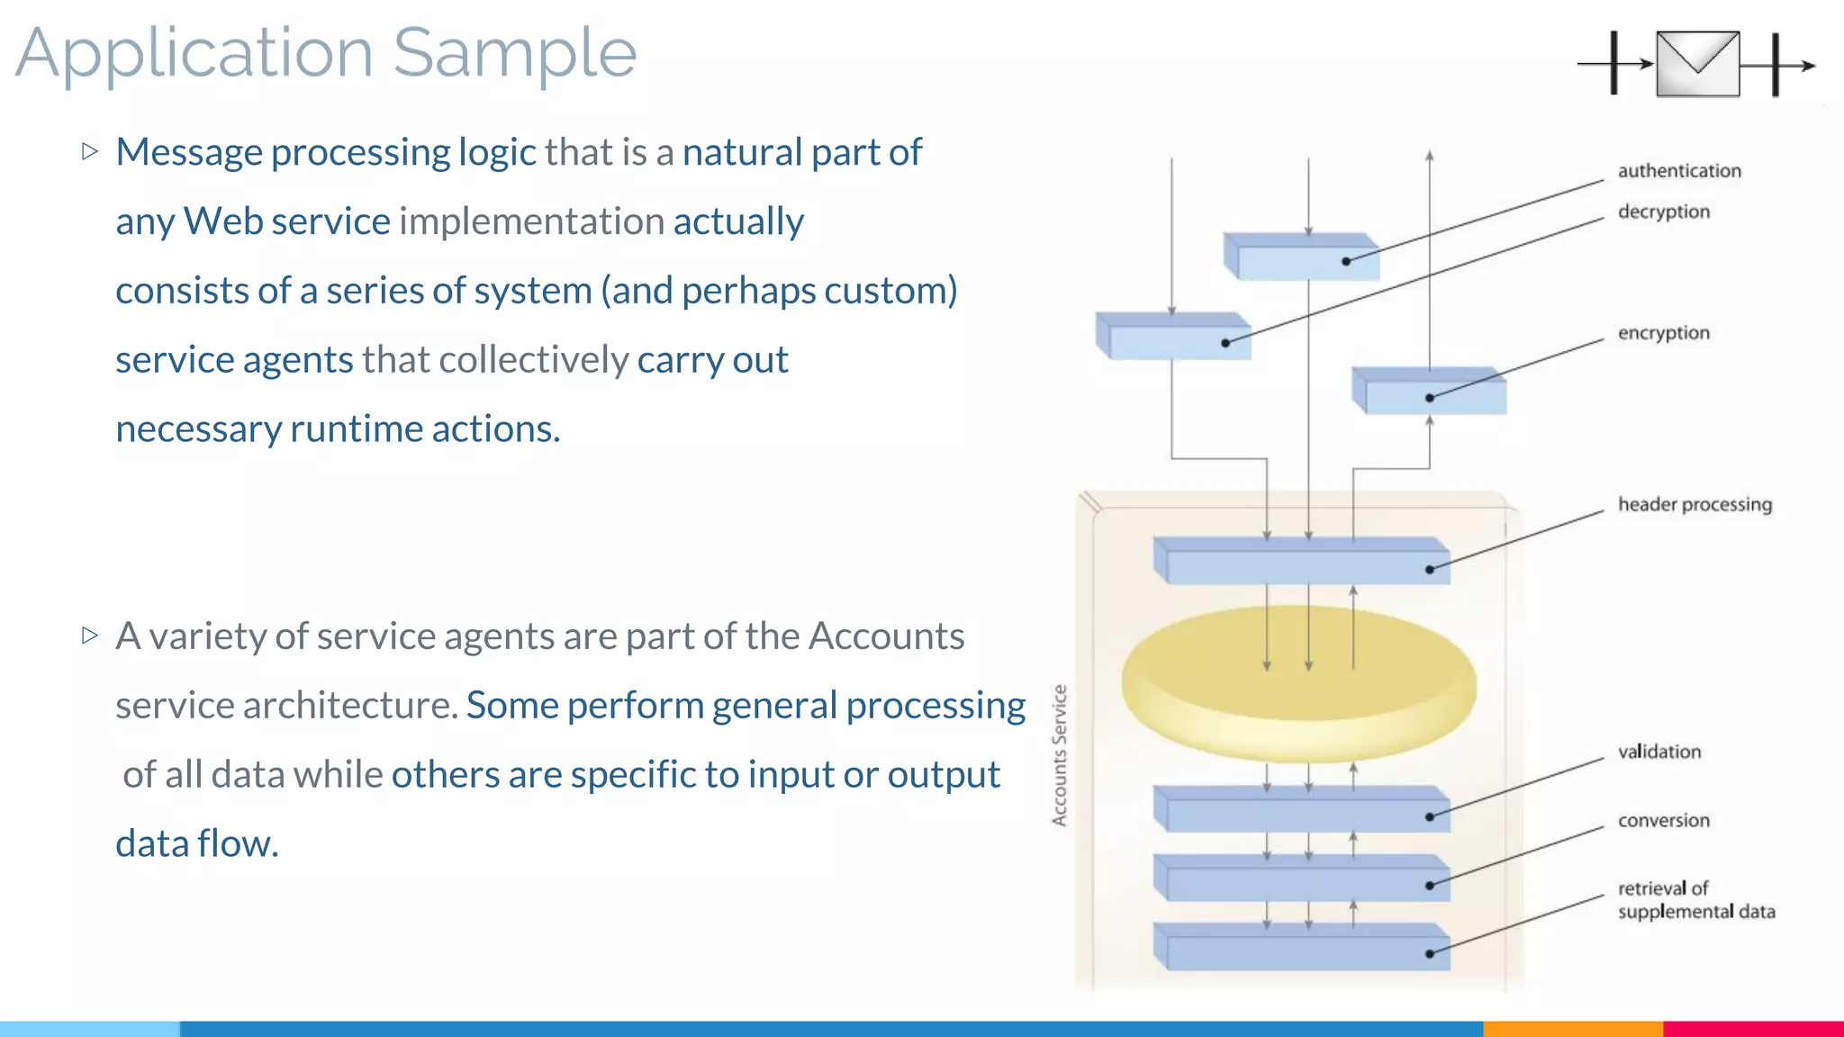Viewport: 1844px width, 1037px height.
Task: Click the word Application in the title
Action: click(194, 54)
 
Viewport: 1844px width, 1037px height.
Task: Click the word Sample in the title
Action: click(514, 54)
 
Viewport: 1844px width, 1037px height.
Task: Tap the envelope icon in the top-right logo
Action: click(1697, 64)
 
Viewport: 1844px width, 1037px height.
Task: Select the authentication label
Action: click(1678, 171)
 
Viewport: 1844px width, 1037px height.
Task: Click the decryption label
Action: click(1663, 212)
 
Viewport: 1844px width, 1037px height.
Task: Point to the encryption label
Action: click(1663, 333)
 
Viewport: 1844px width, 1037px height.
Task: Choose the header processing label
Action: click(1694, 505)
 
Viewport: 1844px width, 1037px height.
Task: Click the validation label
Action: click(1659, 752)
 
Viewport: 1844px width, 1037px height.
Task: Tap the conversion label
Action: click(1663, 821)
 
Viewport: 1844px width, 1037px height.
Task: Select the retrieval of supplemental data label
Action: click(1695, 900)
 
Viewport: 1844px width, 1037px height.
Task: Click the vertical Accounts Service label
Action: click(1060, 755)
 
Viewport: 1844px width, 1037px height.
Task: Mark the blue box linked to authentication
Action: click(1301, 259)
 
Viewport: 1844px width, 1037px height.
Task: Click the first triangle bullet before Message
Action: click(89, 151)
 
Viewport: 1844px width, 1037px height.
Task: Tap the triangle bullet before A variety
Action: click(89, 636)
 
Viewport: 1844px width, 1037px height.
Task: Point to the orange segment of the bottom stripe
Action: click(1572, 1029)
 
